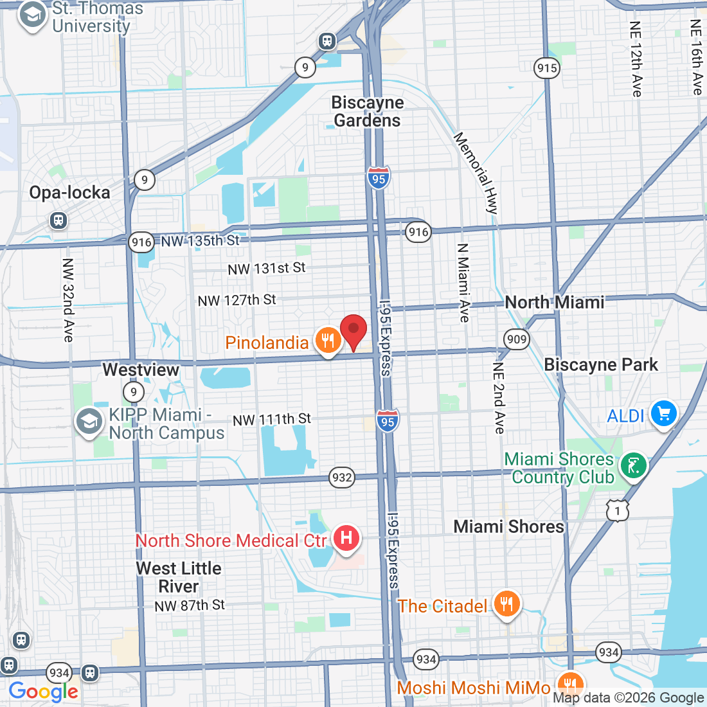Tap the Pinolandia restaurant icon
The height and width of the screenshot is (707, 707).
click(x=328, y=341)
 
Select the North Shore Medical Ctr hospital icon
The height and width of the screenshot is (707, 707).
click(x=346, y=537)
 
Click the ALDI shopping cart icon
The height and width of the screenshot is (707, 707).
click(x=663, y=413)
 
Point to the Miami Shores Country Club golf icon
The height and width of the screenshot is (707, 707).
click(x=634, y=465)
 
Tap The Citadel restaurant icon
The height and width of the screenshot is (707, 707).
click(x=506, y=604)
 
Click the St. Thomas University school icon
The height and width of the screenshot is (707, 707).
click(x=32, y=17)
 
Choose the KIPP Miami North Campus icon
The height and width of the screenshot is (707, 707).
click(x=89, y=422)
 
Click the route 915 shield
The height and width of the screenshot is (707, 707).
click(x=546, y=68)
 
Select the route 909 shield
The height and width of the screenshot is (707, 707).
click(x=516, y=339)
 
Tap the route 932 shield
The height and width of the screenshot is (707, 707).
click(x=342, y=478)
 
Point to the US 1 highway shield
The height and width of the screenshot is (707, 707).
click(x=617, y=510)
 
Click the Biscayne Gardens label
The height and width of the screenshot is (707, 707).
click(x=368, y=112)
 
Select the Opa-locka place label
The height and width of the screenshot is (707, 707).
click(x=69, y=192)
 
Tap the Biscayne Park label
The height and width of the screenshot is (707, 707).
click(x=601, y=365)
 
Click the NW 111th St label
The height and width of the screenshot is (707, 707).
click(x=271, y=420)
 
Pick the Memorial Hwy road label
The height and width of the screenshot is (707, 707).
click(x=476, y=173)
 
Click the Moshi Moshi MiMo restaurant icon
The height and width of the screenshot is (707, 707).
click(x=569, y=685)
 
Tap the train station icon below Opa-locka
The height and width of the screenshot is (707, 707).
click(x=58, y=220)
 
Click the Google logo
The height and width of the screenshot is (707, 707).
click(x=43, y=692)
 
